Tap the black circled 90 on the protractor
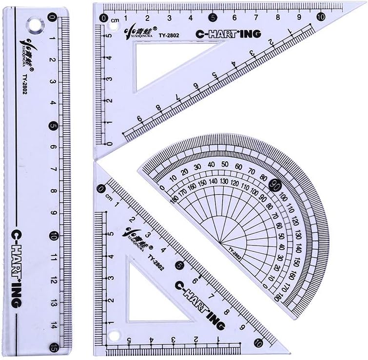point(274,185)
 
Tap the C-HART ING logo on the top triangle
point(228,34)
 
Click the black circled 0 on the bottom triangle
point(101,189)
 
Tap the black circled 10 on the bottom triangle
point(258,343)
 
